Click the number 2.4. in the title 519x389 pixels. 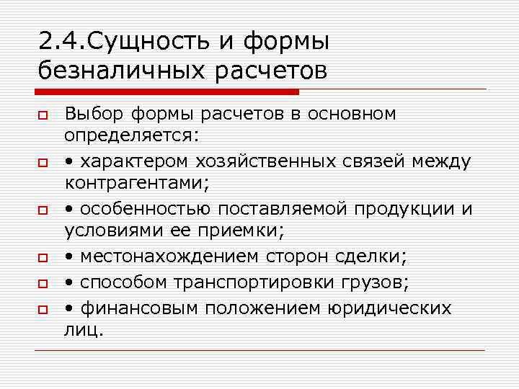pos(61,41)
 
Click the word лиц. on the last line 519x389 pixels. pos(84,331)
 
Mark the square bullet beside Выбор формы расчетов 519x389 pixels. pos(43,117)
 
